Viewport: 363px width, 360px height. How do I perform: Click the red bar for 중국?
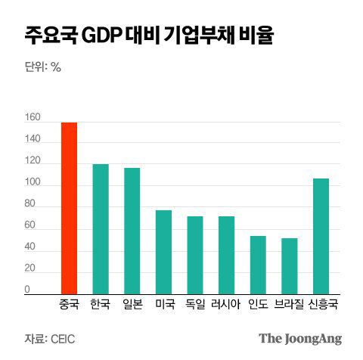click(69, 208)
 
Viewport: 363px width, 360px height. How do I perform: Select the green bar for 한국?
click(100, 229)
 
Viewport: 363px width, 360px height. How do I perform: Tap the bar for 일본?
click(132, 231)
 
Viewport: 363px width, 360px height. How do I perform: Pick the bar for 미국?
click(163, 252)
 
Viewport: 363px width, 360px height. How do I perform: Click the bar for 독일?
click(195, 255)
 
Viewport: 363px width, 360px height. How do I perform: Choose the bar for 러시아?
click(226, 255)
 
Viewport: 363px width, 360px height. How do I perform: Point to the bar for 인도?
click(258, 265)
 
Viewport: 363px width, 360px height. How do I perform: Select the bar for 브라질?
click(290, 266)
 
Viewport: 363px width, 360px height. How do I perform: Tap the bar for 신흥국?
click(321, 236)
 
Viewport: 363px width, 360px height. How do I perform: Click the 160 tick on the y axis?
click(33, 117)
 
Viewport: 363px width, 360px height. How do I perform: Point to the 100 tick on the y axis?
click(33, 182)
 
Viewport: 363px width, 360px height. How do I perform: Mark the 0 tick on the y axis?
click(27, 290)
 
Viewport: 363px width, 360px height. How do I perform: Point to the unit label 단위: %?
click(43, 67)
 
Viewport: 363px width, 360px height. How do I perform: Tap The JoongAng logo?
click(300, 338)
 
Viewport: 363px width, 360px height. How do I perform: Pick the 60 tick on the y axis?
click(30, 225)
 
